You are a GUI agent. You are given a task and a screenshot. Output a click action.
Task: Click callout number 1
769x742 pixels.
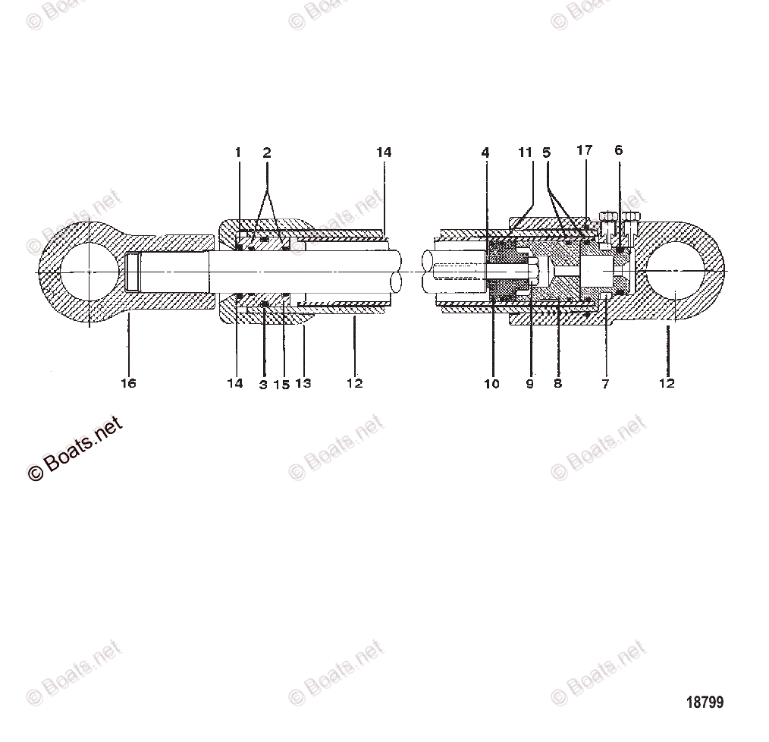click(237, 152)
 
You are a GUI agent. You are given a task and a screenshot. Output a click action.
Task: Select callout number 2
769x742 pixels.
click(267, 152)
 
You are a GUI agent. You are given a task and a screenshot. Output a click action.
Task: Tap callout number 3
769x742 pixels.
click(263, 385)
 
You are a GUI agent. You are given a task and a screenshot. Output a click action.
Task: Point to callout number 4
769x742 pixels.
click(485, 152)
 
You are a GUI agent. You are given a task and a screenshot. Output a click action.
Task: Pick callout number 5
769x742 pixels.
click(546, 152)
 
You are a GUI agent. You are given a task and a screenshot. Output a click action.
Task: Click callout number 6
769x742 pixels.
click(618, 150)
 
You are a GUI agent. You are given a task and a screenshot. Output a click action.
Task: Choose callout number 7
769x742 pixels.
click(605, 384)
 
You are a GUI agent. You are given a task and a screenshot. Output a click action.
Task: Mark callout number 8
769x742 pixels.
click(557, 384)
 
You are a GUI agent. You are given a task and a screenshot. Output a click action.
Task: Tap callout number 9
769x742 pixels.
click(529, 384)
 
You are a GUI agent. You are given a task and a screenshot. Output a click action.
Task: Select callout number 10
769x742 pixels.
click(491, 384)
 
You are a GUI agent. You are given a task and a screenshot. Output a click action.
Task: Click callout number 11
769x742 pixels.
click(526, 152)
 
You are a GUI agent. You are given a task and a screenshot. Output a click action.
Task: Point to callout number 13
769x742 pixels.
click(303, 384)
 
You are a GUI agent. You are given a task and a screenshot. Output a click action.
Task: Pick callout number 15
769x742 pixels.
click(281, 385)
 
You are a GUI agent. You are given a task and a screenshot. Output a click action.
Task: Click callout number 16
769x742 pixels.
click(128, 384)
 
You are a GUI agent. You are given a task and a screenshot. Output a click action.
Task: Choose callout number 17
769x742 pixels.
click(584, 150)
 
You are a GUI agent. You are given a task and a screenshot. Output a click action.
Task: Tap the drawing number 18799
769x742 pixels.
click(705, 702)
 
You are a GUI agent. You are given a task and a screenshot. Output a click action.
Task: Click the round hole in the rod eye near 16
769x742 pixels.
click(88, 272)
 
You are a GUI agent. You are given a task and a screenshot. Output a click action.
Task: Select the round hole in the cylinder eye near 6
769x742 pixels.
click(676, 271)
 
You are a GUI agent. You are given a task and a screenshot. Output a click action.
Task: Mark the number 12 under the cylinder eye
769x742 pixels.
click(667, 384)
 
